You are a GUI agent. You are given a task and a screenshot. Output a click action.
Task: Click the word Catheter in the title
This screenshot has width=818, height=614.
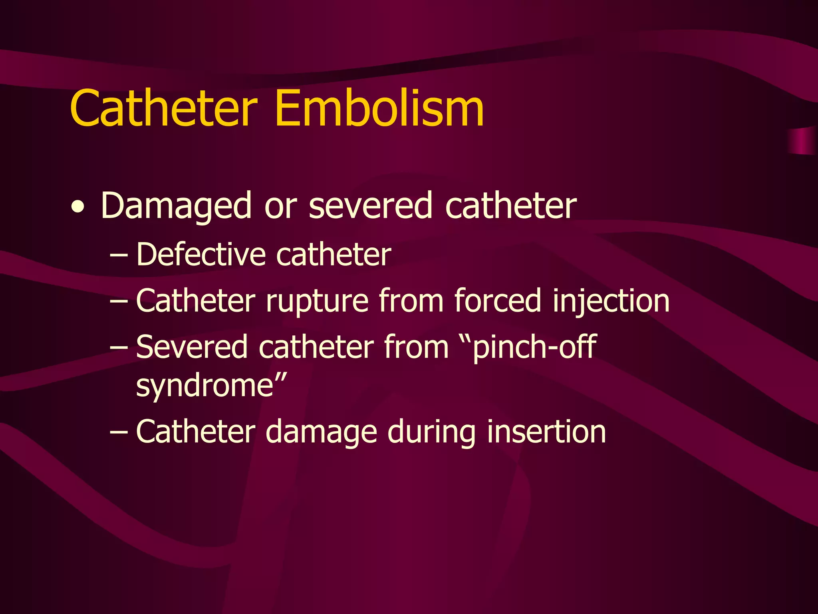[164, 108]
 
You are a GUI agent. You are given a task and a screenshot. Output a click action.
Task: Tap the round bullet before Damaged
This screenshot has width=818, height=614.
[77, 207]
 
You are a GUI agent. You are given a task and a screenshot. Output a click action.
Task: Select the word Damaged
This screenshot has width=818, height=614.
[176, 206]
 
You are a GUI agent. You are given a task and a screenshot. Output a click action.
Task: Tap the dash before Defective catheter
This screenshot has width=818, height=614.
[119, 256]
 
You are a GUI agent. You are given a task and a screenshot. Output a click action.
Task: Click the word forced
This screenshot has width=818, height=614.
[498, 301]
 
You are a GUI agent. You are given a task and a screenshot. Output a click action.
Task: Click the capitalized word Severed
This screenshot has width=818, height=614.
[192, 347]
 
